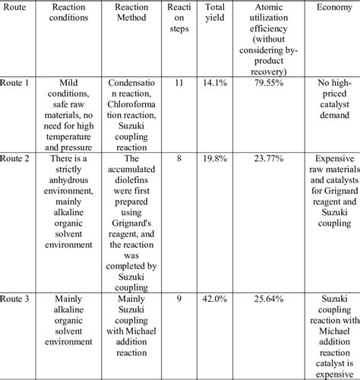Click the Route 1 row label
pos(16,81)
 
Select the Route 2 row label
pos(16,157)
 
